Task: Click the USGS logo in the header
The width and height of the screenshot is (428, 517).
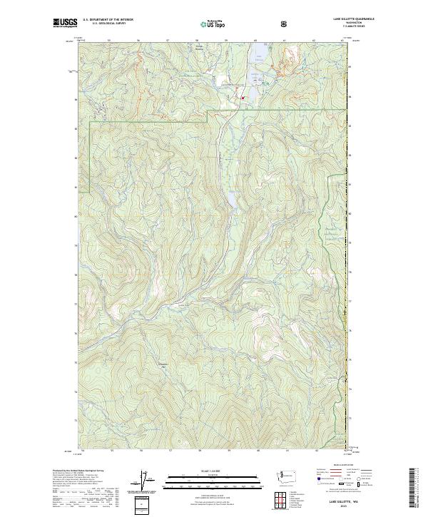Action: coord(64,23)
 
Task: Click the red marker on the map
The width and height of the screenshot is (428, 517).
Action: coord(242,97)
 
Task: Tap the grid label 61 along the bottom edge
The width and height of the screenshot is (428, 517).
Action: coord(287,451)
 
